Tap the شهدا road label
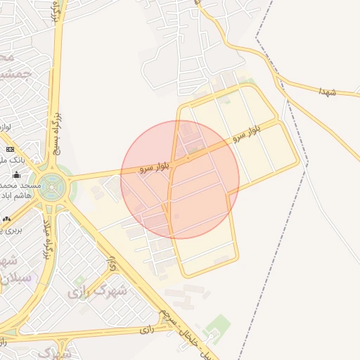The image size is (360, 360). (x=328, y=91)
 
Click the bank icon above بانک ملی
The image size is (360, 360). (x=10, y=149)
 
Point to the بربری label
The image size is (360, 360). (x=10, y=230)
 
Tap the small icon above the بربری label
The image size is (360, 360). (x=6, y=219)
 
